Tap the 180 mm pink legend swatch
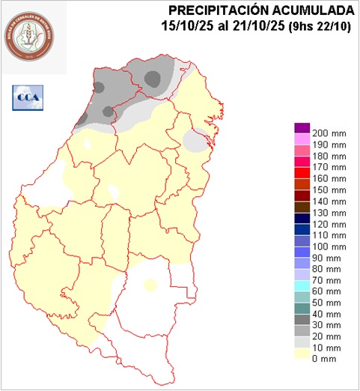click(302, 151)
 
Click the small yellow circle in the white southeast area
click(150, 285)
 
